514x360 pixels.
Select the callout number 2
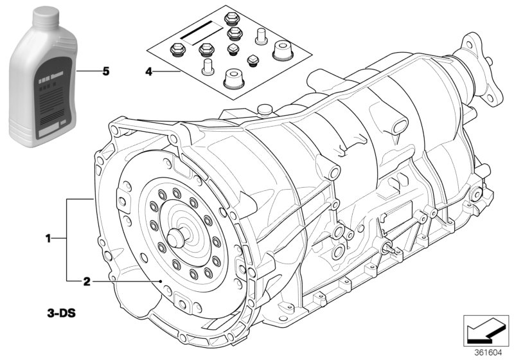[85, 281]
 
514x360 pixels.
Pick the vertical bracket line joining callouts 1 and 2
[67, 240]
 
